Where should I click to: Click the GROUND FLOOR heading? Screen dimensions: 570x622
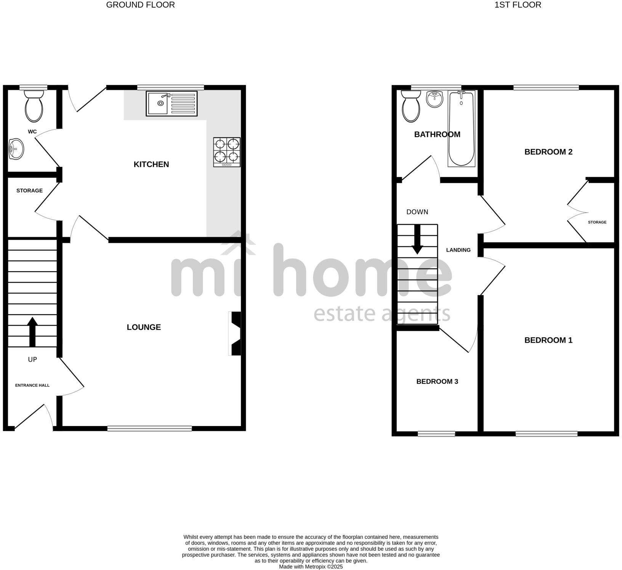click(140, 5)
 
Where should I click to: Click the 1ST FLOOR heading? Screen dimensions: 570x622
click(518, 5)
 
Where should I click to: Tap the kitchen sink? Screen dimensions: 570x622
click(172, 103)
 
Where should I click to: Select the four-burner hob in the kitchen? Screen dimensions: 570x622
click(227, 152)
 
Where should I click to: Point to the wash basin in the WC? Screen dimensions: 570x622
click(16, 148)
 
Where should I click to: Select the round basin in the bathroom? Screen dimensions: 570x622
click(434, 99)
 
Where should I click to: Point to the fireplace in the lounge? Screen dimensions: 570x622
click(236, 334)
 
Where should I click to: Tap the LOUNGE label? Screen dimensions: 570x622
click(144, 327)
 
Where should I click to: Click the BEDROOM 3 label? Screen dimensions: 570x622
click(437, 382)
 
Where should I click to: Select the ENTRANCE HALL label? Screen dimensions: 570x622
click(32, 385)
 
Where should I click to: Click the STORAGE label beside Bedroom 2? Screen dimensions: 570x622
click(597, 222)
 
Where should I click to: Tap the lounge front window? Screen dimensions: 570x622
click(149, 429)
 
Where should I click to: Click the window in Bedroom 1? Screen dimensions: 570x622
click(547, 434)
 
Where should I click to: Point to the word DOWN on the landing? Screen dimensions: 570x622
click(417, 212)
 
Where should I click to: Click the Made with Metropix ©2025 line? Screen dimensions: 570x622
click(311, 567)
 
